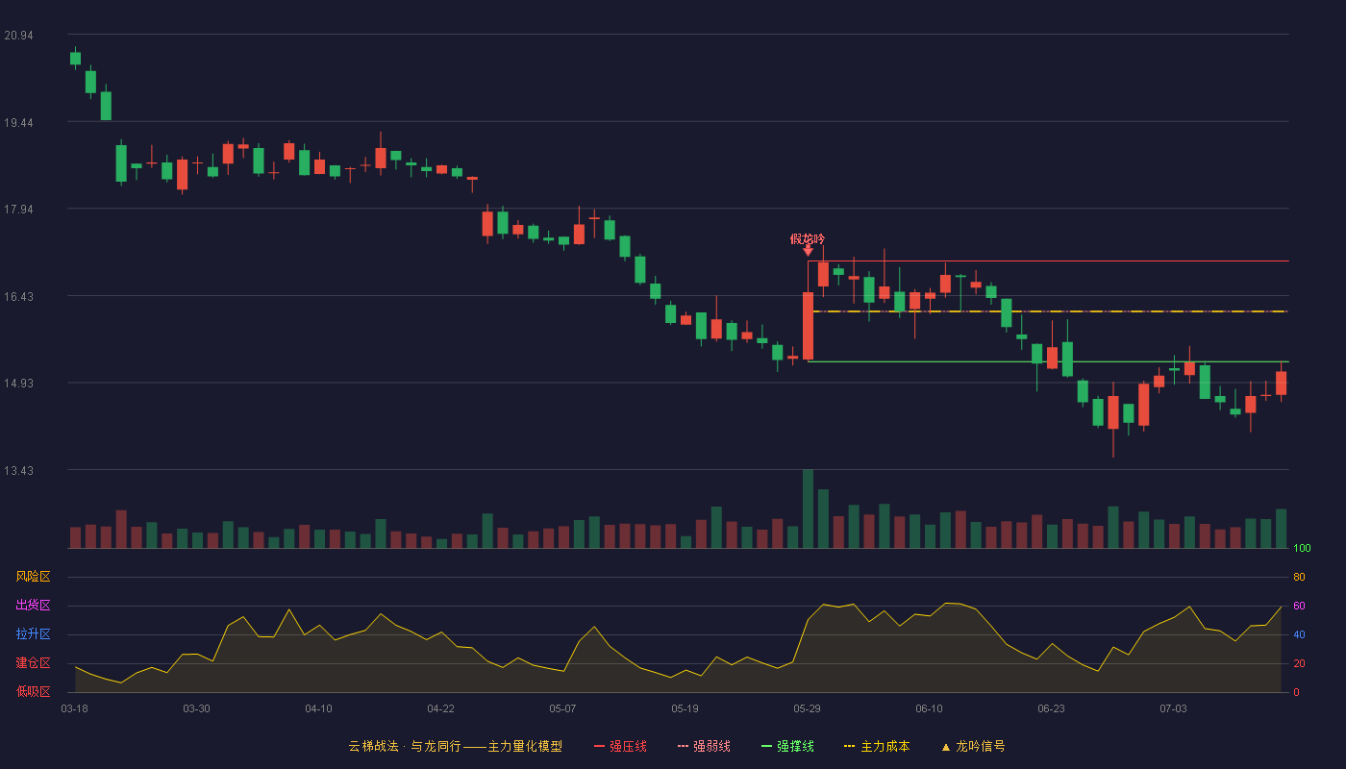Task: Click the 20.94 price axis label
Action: pos(18,36)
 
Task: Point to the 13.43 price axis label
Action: pos(18,470)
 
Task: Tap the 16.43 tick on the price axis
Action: pos(18,297)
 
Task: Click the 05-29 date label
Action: pos(807,709)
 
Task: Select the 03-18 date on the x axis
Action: pos(75,709)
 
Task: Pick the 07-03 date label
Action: pos(1173,709)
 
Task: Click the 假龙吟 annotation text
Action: pos(808,239)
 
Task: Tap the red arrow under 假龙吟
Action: pos(809,251)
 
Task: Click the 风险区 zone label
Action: pos(33,577)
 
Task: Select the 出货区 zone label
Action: pos(33,605)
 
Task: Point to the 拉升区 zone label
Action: pos(33,633)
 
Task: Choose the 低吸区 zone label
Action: pos(33,691)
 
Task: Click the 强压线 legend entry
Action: pos(620,746)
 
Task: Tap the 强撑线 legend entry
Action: pos(787,746)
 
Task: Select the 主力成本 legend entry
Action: pos(877,746)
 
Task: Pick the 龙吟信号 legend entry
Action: pos(973,746)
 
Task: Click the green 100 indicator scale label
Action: pos(1302,548)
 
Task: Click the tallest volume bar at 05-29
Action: pos(809,509)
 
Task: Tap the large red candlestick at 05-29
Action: pos(809,326)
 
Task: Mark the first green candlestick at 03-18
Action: pos(75,59)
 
